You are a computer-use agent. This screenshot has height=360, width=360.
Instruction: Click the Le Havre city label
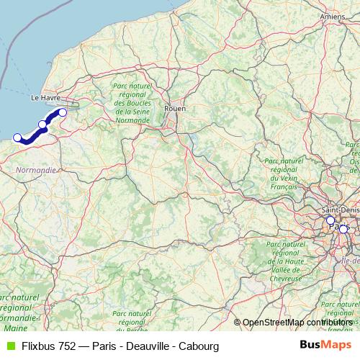click(x=43, y=96)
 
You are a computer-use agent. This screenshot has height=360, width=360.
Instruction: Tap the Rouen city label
click(x=175, y=108)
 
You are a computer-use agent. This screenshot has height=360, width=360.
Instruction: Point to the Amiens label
click(x=333, y=15)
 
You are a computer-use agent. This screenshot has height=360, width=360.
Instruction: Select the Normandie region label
click(x=35, y=171)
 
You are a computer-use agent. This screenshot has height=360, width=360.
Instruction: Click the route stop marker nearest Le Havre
click(x=63, y=112)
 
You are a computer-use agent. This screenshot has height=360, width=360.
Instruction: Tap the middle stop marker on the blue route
click(x=42, y=125)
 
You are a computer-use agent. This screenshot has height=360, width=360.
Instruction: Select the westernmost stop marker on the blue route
click(x=18, y=137)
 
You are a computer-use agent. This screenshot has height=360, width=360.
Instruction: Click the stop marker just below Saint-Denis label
click(x=330, y=220)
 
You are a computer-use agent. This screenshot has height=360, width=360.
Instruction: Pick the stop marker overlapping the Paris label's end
click(x=343, y=229)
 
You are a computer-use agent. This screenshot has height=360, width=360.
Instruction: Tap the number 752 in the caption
click(x=68, y=345)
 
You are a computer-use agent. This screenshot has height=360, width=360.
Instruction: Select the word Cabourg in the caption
click(x=200, y=345)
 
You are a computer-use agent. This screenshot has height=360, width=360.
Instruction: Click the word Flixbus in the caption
click(x=37, y=345)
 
